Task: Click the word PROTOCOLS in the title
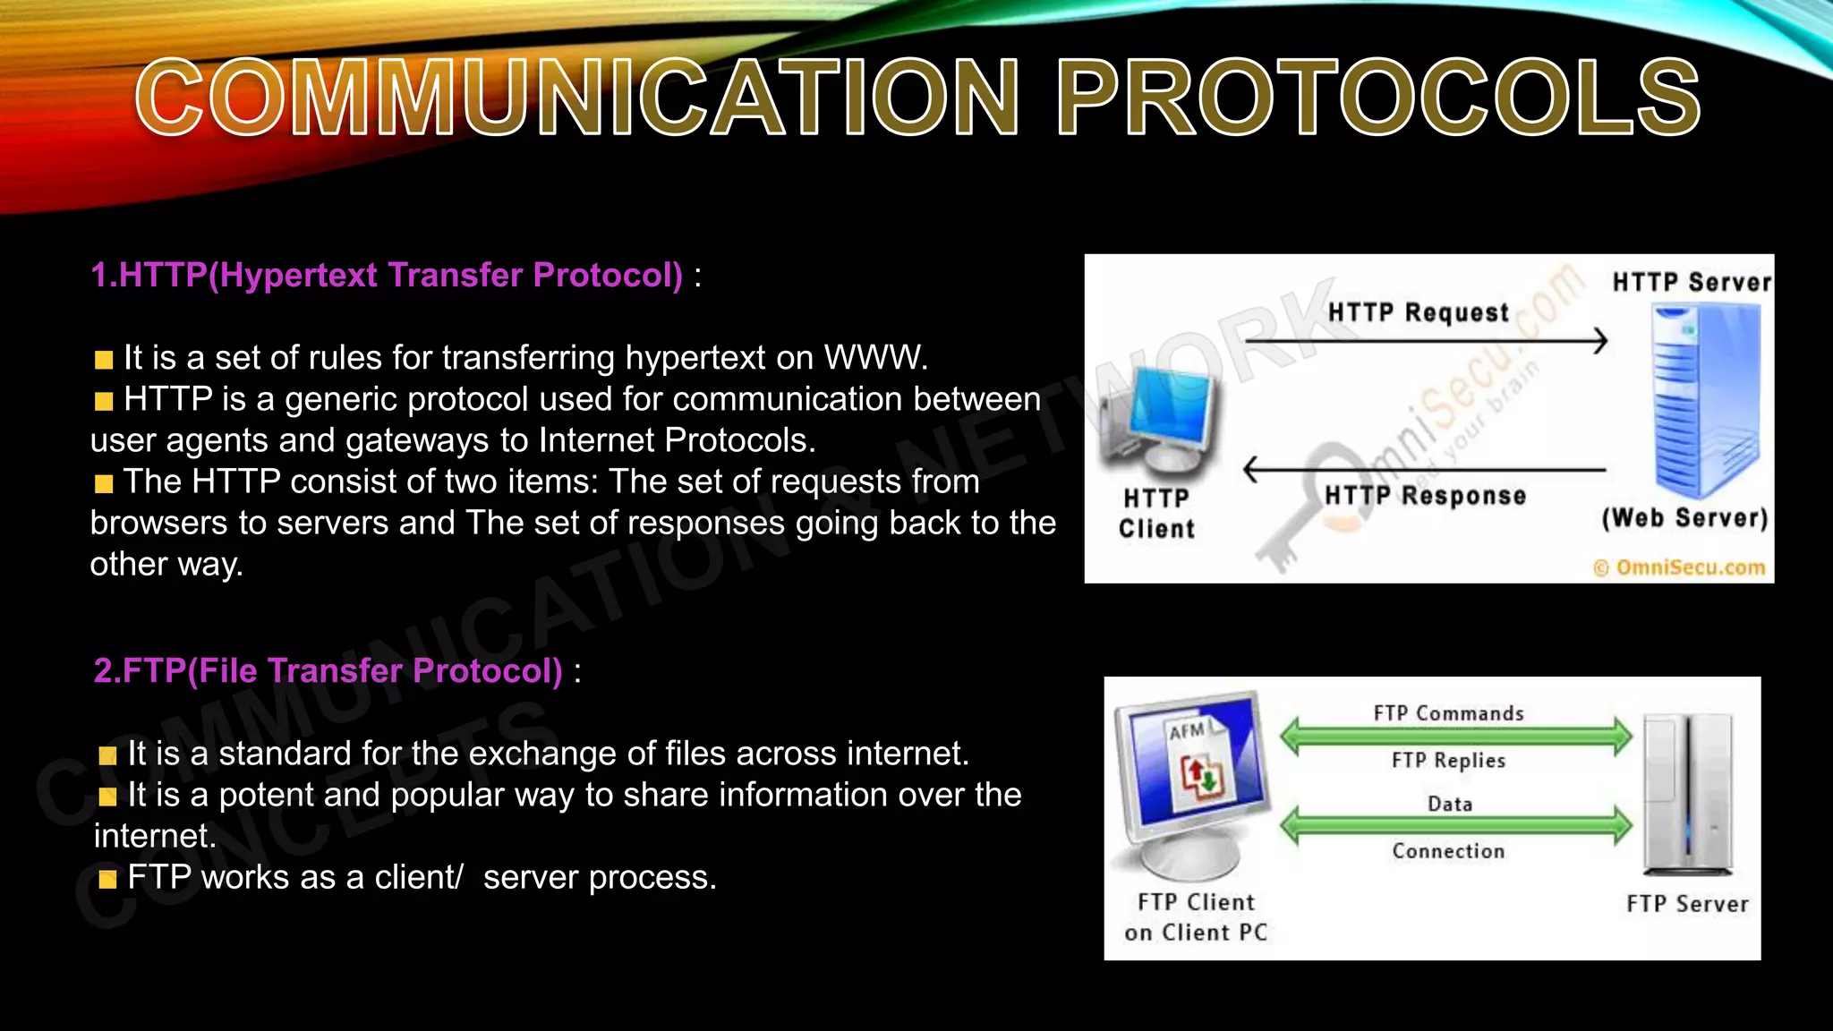pos(1378,97)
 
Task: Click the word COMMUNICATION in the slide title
pos(577,97)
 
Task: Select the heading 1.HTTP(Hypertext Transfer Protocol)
pos(387,276)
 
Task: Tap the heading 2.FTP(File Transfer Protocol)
pos(328,671)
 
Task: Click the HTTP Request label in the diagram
pos(1419,312)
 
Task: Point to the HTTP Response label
pos(1425,495)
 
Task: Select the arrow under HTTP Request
pos(1425,341)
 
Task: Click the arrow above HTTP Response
pos(1425,469)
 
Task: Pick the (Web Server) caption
pos(1684,518)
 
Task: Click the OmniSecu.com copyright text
pos(1679,567)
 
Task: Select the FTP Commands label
pos(1448,713)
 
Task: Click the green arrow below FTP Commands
pos(1455,737)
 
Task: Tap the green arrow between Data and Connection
pos(1455,825)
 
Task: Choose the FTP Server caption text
pos(1687,904)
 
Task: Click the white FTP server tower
pos(1688,795)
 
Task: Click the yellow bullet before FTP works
pos(107,879)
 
